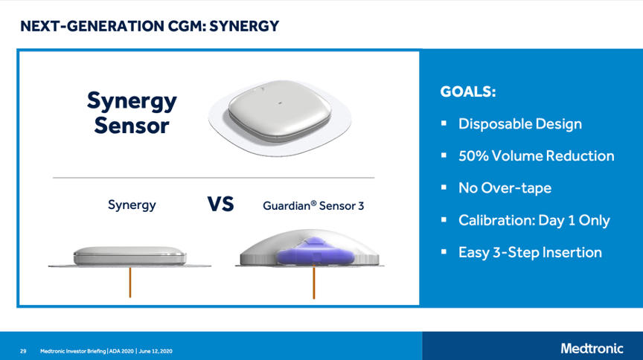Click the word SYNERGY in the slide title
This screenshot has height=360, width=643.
(244, 26)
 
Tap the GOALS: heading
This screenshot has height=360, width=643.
(468, 91)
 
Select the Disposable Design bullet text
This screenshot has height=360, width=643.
(520, 123)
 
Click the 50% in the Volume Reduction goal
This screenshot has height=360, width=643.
(473, 155)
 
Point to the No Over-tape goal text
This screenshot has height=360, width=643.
(505, 187)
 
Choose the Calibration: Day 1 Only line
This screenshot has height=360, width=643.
(534, 220)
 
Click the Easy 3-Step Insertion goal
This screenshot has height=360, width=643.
(530, 252)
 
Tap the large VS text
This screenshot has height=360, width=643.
(220, 205)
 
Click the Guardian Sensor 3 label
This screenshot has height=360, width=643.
(313, 205)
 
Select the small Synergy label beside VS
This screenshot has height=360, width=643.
(132, 205)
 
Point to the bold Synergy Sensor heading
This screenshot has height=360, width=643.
(132, 113)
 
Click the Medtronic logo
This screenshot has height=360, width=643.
(592, 349)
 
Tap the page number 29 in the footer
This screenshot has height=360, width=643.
(23, 351)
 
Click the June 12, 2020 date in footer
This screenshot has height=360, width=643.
(156, 351)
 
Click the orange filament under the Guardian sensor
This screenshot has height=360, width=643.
(314, 282)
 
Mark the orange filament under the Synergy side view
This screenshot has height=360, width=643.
(130, 282)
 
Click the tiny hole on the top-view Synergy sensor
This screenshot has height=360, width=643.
(280, 103)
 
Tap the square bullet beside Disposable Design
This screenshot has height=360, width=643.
(444, 123)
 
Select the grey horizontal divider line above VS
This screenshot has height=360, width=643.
(214, 178)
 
